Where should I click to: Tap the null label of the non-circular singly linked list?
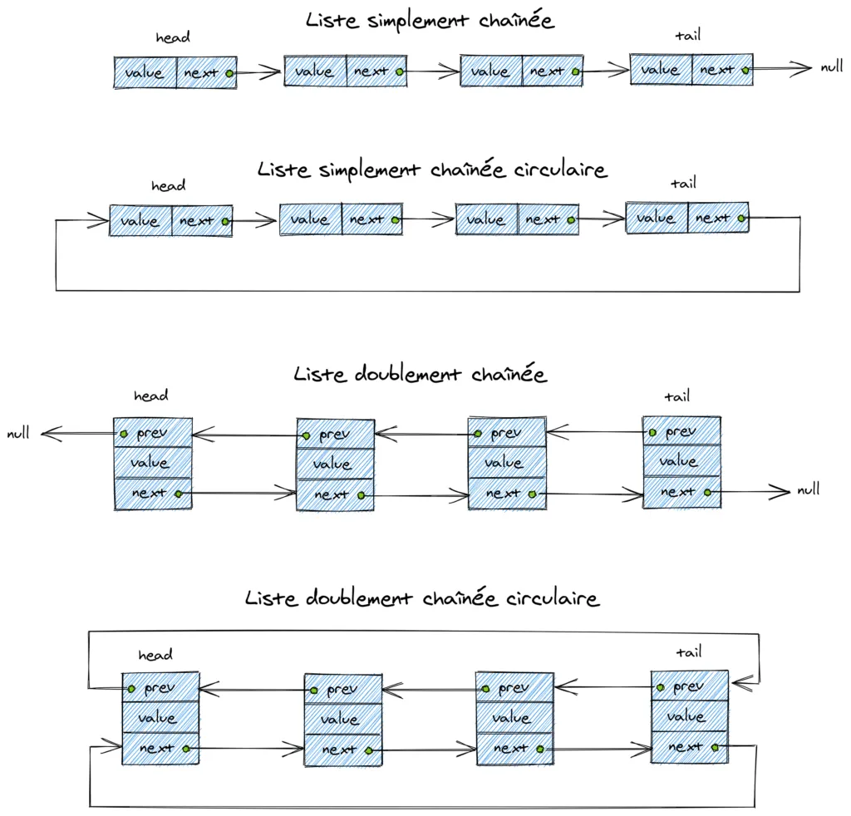click(x=832, y=67)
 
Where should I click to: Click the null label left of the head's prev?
click(x=18, y=433)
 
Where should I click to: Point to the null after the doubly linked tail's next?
click(x=808, y=489)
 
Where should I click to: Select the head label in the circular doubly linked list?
click(x=155, y=656)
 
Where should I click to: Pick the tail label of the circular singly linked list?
click(x=683, y=183)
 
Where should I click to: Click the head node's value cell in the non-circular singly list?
click(x=145, y=73)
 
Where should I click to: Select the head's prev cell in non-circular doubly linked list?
click(x=153, y=434)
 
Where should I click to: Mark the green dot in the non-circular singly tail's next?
click(x=745, y=71)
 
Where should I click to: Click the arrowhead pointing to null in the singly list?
click(x=803, y=69)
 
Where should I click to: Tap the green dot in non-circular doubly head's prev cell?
click(x=123, y=434)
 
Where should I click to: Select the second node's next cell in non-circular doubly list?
click(x=336, y=495)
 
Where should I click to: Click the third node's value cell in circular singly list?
click(x=486, y=220)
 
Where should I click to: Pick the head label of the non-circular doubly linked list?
click(x=150, y=396)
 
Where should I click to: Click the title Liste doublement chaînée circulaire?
click(x=422, y=598)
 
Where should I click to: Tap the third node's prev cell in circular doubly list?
click(x=514, y=689)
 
